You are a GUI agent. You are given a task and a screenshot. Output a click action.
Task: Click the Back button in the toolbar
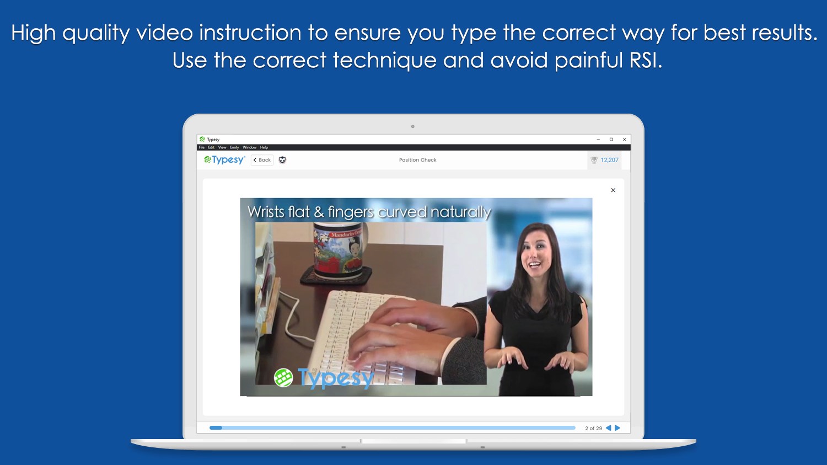pyautogui.click(x=262, y=160)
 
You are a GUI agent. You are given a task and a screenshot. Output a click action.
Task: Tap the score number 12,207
pyautogui.click(x=609, y=160)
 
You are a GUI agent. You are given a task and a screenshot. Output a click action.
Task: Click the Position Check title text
pyautogui.click(x=417, y=160)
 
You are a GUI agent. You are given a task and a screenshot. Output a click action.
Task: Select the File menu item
pyautogui.click(x=202, y=147)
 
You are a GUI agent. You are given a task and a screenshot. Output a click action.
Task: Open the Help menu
pyautogui.click(x=264, y=147)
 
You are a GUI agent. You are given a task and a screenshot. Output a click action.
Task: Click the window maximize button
pyautogui.click(x=611, y=140)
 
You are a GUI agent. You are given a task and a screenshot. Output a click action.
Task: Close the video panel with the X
pyautogui.click(x=613, y=190)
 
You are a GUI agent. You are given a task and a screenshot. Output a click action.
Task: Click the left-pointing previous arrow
pyautogui.click(x=609, y=428)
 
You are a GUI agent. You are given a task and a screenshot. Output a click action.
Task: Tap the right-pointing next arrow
pyautogui.click(x=617, y=428)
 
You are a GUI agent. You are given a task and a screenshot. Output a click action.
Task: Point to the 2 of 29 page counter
pyautogui.click(x=593, y=428)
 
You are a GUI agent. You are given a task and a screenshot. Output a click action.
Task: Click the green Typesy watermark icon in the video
pyautogui.click(x=283, y=378)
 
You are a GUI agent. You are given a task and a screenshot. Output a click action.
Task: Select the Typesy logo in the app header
pyautogui.click(x=224, y=160)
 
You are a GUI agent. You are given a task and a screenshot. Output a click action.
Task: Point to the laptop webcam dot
pyautogui.click(x=412, y=126)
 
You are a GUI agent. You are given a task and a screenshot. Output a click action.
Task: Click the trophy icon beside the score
pyautogui.click(x=594, y=160)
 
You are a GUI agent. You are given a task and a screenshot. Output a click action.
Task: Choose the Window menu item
pyautogui.click(x=249, y=147)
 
